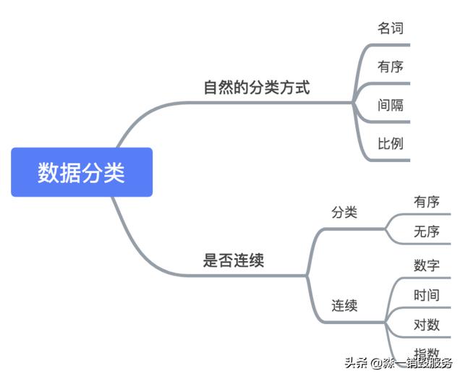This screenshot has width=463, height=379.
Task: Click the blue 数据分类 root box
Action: [x=81, y=172]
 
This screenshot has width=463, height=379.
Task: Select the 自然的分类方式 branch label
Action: [x=256, y=88]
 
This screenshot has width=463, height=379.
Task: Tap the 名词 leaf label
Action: [x=390, y=28]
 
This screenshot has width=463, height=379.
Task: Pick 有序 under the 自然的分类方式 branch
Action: [x=390, y=67]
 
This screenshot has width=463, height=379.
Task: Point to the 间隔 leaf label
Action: [x=390, y=105]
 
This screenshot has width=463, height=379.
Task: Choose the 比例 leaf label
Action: [x=390, y=143]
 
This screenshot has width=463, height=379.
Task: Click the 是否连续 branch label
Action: [x=234, y=260]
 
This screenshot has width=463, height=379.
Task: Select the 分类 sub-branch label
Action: [x=344, y=213]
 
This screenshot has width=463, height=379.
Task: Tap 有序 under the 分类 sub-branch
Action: [x=426, y=202]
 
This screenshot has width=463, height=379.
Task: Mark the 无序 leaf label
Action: [x=426, y=231]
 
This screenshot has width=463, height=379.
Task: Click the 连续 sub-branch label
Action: [x=344, y=305]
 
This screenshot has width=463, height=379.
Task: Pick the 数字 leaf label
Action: [x=426, y=265]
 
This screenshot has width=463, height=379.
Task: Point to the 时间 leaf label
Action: [x=426, y=294]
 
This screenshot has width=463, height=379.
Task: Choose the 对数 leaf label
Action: [x=426, y=324]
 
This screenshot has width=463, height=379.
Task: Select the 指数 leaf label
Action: [x=426, y=352]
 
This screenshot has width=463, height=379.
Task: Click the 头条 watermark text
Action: [x=357, y=362]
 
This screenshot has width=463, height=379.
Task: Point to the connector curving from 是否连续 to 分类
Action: [x=317, y=242]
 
